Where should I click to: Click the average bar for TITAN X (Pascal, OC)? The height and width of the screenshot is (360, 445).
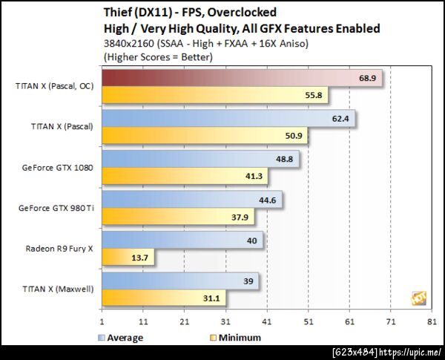point(242,78)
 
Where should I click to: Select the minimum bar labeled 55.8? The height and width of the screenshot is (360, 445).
point(214,96)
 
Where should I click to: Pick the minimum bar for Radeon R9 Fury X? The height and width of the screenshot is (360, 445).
point(127,257)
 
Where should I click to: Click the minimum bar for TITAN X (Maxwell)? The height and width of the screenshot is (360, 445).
point(164,298)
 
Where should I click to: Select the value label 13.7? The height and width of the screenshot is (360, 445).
point(139,258)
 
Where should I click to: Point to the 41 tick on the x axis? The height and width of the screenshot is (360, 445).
point(267,322)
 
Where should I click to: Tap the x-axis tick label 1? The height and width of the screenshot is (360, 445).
point(102,322)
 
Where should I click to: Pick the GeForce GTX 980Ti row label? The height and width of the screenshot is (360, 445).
point(55,208)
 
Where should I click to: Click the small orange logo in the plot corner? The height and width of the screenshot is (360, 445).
point(418,298)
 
